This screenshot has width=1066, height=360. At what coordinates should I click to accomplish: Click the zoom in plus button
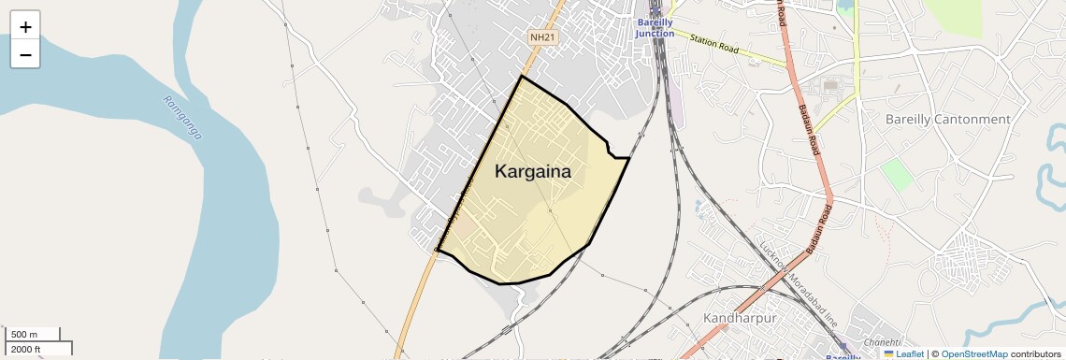pos(25,27)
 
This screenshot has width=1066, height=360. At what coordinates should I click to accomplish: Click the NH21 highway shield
pos(542,37)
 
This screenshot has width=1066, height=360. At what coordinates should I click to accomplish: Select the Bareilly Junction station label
pos(655,28)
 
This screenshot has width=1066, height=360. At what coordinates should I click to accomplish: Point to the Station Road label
pos(715,43)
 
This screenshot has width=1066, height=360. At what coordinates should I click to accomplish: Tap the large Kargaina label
pos(532,171)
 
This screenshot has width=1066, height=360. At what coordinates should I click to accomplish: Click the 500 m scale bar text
pos(24,335)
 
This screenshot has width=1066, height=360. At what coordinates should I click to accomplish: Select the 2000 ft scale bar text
pos(26,349)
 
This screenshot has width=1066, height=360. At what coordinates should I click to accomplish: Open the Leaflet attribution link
pos(909,354)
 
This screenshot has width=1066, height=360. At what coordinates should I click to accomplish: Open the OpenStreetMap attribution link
pos(973,354)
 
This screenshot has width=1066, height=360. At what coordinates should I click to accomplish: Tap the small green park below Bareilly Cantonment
pos(896,174)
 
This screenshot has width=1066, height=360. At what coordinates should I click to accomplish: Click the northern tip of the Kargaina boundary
pos(521,77)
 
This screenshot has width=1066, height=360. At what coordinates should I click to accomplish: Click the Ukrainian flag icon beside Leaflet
pos(889,354)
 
